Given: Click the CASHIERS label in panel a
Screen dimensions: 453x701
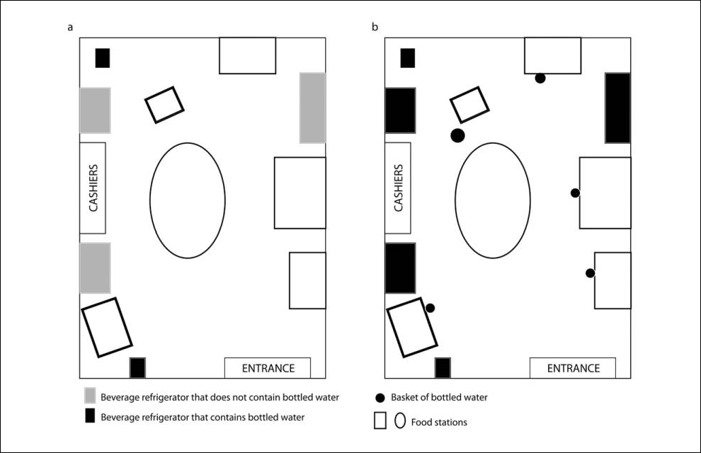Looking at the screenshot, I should (x=92, y=188).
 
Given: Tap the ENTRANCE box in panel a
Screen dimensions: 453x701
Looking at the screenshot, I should (x=268, y=368).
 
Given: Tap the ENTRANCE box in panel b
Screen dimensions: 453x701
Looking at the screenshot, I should (x=573, y=368).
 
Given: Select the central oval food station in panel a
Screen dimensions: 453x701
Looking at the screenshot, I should (x=188, y=200).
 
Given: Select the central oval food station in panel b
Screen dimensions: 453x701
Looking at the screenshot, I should (x=493, y=200).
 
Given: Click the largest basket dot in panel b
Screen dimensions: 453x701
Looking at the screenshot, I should (x=457, y=134).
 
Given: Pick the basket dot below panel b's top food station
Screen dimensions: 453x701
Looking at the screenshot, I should (x=540, y=78).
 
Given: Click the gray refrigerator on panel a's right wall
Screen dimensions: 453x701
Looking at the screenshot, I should (x=312, y=108).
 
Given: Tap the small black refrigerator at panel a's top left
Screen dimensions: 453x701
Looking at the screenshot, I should (x=103, y=58).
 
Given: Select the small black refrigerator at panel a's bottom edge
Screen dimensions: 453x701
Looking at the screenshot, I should (x=137, y=368).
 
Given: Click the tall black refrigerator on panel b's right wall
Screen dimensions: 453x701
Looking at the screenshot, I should (x=617, y=108).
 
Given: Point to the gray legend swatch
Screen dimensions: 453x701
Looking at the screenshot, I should (x=90, y=397).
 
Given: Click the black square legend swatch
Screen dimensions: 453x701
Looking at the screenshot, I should (x=90, y=417).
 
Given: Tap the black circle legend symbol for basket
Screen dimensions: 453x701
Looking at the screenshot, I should (x=380, y=397).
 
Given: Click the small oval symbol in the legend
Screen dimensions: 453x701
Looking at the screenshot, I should (x=400, y=421).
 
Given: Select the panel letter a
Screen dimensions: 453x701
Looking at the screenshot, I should (x=69, y=27).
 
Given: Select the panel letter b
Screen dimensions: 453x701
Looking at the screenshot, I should (x=375, y=27).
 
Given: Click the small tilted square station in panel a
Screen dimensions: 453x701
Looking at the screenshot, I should (x=164, y=105).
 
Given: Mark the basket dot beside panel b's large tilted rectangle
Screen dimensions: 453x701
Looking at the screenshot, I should (x=430, y=307).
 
